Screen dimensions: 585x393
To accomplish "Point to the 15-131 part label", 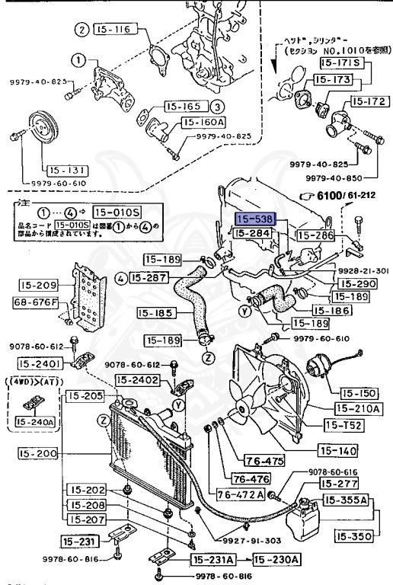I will click(x=66, y=170).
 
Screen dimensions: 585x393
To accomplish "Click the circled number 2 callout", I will click(x=81, y=30).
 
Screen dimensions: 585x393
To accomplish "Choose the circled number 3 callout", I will click(x=217, y=107).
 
